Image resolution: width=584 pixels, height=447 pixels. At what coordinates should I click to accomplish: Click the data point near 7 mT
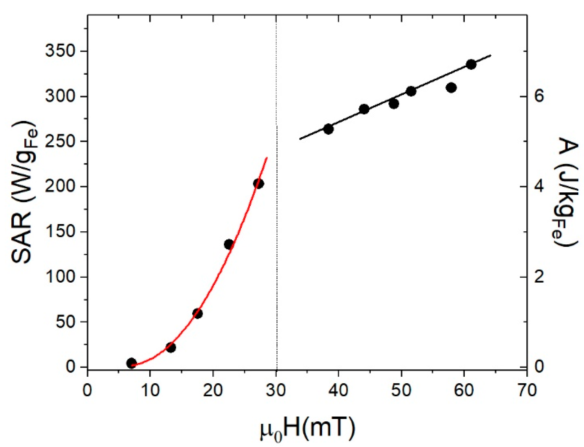pos(131,363)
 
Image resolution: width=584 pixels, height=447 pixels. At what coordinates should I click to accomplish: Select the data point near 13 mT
pos(171,347)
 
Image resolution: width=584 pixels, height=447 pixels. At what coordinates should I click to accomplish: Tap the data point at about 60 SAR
pos(197,314)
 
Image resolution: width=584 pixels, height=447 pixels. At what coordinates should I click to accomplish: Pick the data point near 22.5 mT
pos(229,244)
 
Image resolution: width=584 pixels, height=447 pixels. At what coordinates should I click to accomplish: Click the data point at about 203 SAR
pos(258,184)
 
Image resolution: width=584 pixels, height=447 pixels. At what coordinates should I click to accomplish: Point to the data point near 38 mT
pos(328,129)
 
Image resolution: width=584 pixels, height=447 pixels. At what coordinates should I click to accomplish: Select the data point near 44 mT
pos(364,109)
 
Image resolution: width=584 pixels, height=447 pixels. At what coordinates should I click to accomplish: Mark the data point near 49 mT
pos(394,104)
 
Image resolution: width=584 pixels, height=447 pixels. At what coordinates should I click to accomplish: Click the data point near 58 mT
pos(451,88)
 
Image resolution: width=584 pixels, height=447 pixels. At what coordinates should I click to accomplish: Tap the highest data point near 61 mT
pos(471,64)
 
